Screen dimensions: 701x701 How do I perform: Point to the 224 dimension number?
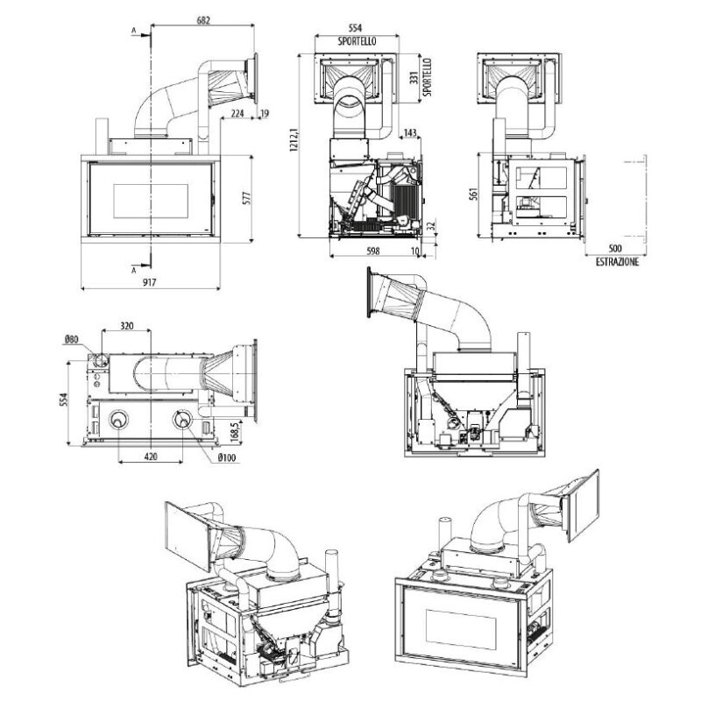[237, 113]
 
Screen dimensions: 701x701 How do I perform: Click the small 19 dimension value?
[265, 113]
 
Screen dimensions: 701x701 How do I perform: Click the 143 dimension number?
[410, 133]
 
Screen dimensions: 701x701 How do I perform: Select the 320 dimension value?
[127, 325]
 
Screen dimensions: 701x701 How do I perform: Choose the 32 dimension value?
[430, 226]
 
